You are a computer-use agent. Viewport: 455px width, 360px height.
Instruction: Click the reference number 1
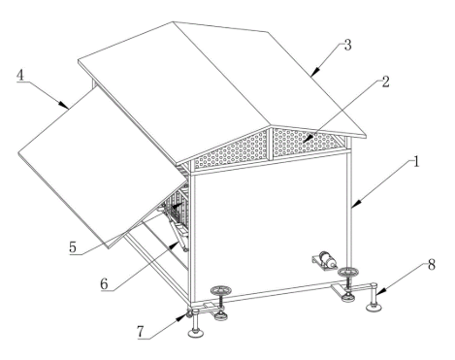point(416,161)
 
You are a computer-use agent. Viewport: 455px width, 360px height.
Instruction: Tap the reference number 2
point(385,82)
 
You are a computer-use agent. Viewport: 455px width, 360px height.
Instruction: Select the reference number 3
point(347,46)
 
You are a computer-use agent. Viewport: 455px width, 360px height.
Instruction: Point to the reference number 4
point(20,75)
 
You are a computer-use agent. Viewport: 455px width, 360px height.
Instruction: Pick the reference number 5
point(73,247)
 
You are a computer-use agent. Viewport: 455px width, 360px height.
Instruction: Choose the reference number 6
point(104,284)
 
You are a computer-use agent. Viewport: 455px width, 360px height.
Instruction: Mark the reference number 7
point(140,332)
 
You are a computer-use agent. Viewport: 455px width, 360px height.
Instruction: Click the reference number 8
point(432,265)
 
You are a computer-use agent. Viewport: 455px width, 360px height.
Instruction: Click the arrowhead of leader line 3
point(315,71)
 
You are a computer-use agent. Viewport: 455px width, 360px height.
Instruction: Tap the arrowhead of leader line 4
point(64,105)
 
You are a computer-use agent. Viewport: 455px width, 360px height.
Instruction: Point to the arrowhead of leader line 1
point(355,204)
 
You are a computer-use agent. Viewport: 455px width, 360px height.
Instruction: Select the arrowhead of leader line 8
point(379,292)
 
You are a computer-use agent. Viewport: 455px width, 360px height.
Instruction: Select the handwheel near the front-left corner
point(220,290)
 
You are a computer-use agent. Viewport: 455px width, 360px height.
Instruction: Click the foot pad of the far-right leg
point(374,307)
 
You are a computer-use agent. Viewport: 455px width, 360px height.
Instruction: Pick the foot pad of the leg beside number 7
point(195,333)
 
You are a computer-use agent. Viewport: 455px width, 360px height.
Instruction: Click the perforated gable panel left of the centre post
point(231,149)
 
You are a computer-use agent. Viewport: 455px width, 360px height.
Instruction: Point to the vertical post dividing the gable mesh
point(271,144)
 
